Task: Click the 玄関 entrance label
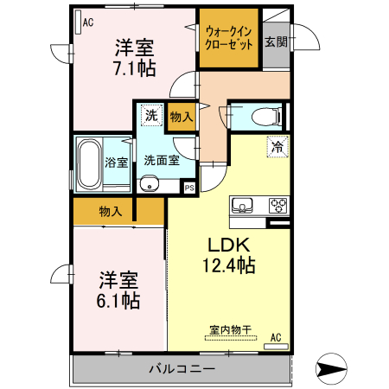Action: (276, 41)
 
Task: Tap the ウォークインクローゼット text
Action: (229, 39)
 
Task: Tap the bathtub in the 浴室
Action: (89, 164)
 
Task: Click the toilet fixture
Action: (260, 115)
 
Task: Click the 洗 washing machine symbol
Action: (150, 115)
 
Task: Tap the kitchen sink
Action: (242, 205)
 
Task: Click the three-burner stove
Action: (278, 205)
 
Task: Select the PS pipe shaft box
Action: (189, 187)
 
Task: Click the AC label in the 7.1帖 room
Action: (87, 23)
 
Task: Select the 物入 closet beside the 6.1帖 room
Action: (111, 211)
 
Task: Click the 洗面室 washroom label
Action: (161, 160)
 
